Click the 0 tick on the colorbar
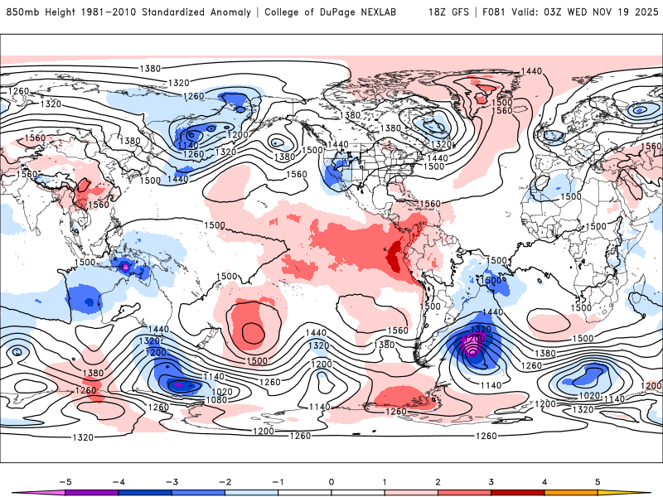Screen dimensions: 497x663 point(331,480)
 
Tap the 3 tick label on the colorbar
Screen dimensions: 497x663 point(491,480)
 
